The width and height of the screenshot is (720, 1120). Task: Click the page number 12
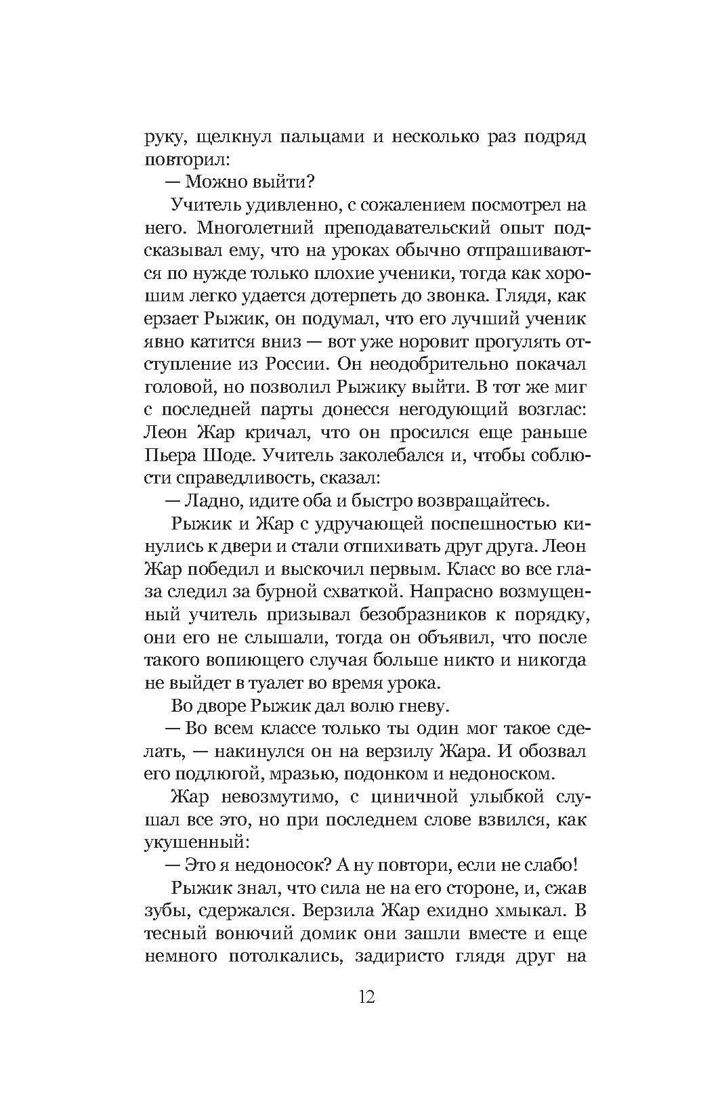364,997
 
